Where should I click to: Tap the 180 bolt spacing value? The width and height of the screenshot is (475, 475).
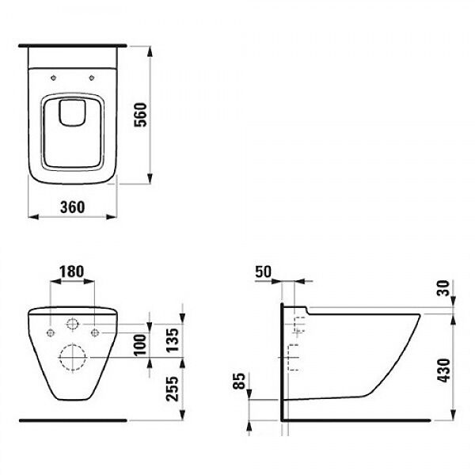pos(71,271)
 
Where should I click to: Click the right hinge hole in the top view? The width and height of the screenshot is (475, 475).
pos(93,78)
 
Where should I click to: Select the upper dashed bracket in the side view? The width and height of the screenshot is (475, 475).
pos(298,325)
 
